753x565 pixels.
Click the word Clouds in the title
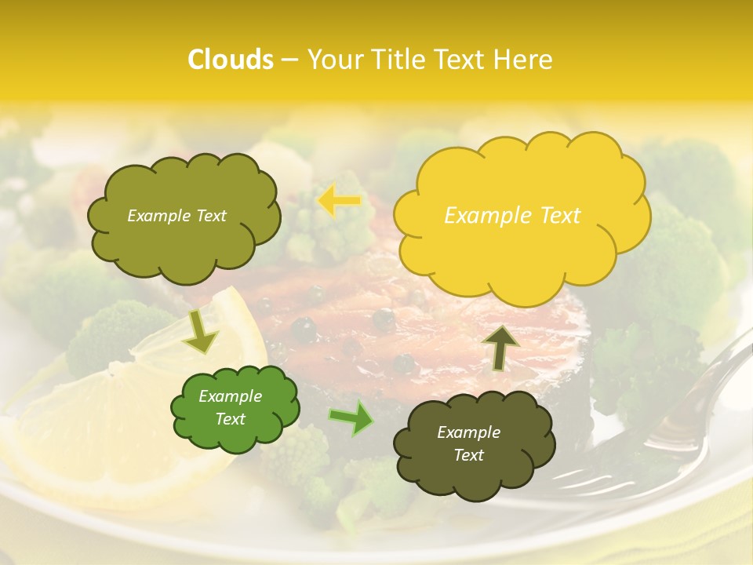[231, 60]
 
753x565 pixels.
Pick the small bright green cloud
[235, 408]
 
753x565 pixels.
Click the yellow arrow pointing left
[338, 201]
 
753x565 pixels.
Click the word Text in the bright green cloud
[231, 419]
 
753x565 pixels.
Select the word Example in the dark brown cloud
[468, 432]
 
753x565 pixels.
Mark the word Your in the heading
[332, 60]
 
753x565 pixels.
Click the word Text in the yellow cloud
[559, 216]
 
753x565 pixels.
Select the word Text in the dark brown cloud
[468, 455]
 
